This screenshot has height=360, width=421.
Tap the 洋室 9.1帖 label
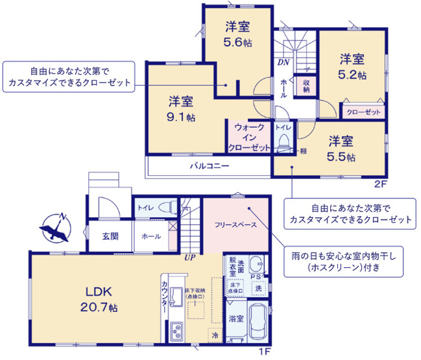pyautogui.click(x=182, y=109)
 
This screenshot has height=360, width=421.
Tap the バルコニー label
pyautogui.click(x=209, y=166)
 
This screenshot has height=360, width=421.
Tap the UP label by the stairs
pyautogui.click(x=190, y=258)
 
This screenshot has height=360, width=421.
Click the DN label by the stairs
pyautogui.click(x=283, y=63)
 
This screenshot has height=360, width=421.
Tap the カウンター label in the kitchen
pyautogui.click(x=165, y=298)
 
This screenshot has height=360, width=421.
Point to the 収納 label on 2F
pyautogui.click(x=306, y=85)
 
